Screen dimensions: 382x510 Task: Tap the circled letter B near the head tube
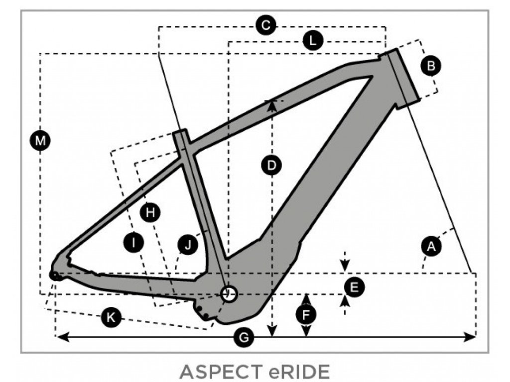click(431, 65)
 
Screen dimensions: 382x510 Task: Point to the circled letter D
click(271, 165)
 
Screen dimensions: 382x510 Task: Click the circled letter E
click(355, 287)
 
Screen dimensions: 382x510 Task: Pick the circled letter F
click(306, 314)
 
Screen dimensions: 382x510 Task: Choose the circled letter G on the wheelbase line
click(244, 338)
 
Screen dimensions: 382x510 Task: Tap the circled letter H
click(150, 213)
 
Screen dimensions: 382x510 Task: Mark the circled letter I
click(133, 243)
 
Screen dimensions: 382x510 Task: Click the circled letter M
click(40, 141)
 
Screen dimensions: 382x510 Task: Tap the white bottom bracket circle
click(229, 294)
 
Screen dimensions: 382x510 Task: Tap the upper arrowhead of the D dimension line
click(271, 103)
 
